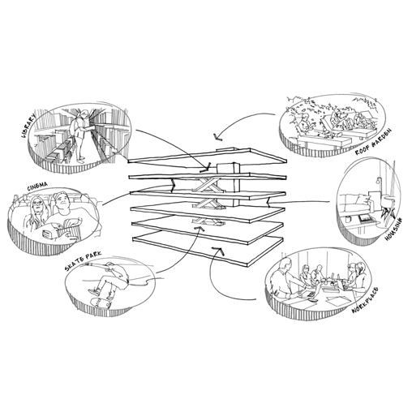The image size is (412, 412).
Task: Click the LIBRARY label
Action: point(29,126)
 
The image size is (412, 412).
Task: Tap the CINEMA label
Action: point(37,187)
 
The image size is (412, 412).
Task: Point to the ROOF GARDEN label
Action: point(373,142)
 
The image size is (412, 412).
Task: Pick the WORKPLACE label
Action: point(365,300)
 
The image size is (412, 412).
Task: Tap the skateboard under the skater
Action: point(101,303)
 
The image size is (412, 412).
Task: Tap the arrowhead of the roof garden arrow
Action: point(217,138)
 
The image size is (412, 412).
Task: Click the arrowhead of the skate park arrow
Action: point(200,229)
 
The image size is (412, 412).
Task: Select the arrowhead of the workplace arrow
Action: point(218,251)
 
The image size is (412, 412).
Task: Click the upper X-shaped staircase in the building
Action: point(208,186)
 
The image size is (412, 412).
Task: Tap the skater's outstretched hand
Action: point(87,264)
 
